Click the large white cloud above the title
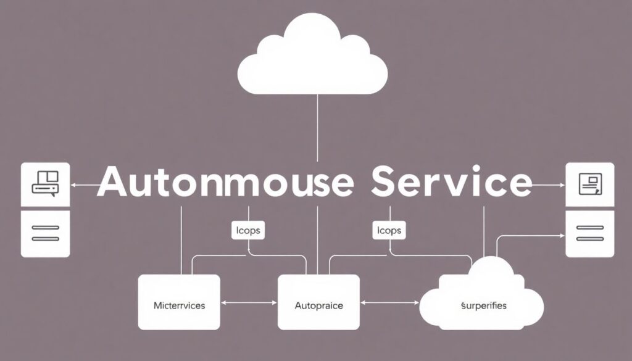[x=313, y=59]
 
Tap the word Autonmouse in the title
[x=225, y=183]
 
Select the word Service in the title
[x=452, y=183]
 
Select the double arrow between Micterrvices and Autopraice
[x=249, y=303]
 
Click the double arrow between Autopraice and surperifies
[x=390, y=303]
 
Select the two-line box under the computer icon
[x=45, y=233]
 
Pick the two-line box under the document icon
[x=589, y=233]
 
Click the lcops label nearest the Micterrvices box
[x=248, y=231]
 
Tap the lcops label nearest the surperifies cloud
[x=388, y=231]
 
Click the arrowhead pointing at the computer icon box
[x=73, y=185]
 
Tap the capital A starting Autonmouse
[x=114, y=183]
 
